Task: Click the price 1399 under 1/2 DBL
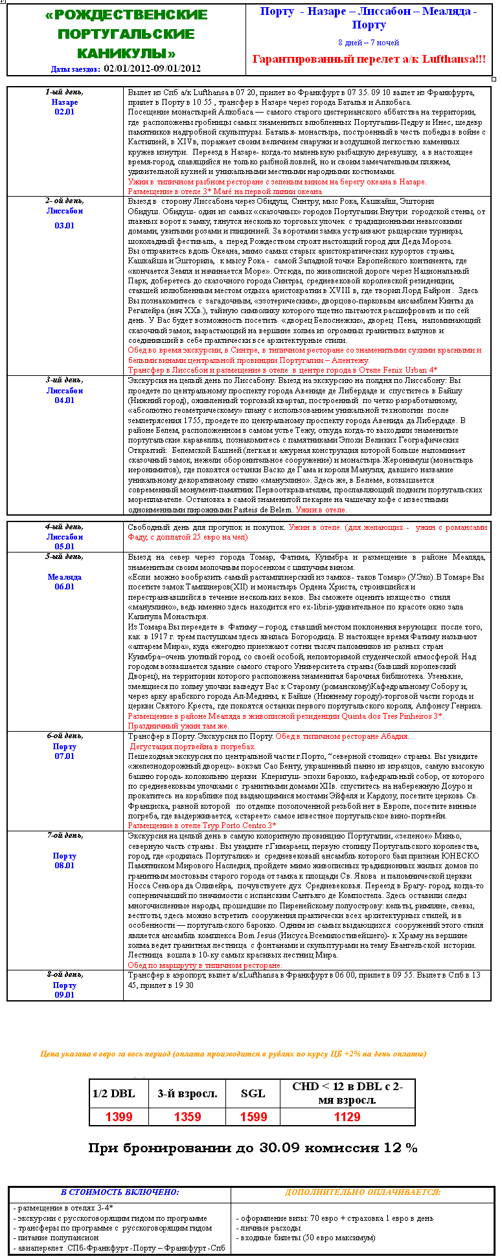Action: (119, 1117)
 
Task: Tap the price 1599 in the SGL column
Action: (253, 1117)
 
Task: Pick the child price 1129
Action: (347, 1117)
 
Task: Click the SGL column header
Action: (253, 1093)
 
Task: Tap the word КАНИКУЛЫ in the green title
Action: (126, 53)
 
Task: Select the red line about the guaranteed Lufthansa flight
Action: (369, 60)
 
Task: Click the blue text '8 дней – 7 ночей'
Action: (369, 43)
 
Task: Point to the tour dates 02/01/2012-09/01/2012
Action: (152, 68)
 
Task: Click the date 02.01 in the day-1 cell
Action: (65, 112)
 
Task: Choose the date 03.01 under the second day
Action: (65, 226)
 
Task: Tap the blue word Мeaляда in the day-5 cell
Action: (65, 577)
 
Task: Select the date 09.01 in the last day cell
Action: (65, 995)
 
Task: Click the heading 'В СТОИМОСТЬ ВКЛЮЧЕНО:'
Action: (120, 1192)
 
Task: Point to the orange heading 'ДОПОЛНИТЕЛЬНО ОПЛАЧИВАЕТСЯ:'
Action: (363, 1192)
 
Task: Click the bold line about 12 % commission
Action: (253, 1148)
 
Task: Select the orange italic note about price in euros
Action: (233, 1054)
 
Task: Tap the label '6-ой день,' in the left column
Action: (65, 736)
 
